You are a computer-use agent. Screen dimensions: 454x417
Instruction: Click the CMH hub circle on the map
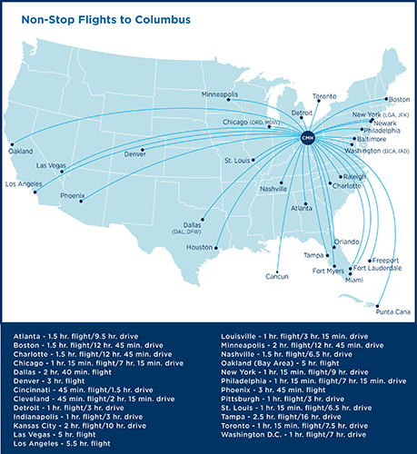[x=306, y=137]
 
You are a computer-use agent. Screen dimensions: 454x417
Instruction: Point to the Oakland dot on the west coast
[x=12, y=144]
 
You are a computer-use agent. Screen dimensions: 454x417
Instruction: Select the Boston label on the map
[x=398, y=99]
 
